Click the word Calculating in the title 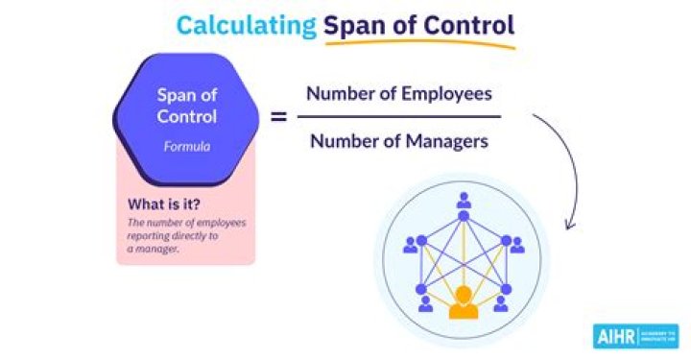(x=246, y=25)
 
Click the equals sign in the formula (x=279, y=117)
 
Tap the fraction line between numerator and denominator (x=398, y=117)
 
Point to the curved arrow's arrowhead (x=571, y=226)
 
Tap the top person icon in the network (x=464, y=202)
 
